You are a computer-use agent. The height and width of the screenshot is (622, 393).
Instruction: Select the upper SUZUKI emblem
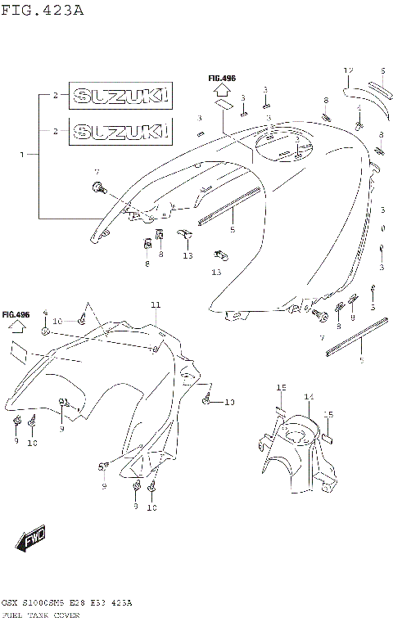coord(120,96)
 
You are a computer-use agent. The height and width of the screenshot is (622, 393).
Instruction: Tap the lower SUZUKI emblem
coord(120,130)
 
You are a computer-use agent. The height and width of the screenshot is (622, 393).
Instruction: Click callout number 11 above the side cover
coord(156,305)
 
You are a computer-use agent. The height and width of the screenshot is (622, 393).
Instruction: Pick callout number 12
coord(347,71)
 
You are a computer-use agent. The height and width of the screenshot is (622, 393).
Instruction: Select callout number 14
coord(309,397)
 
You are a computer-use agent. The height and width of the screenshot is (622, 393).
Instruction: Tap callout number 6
coord(382,71)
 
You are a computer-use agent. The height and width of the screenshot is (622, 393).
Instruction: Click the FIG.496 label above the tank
coord(221,79)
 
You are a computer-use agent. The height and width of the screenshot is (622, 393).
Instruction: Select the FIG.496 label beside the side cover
coord(16,314)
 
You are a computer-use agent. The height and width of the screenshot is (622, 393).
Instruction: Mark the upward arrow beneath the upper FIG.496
coord(221,93)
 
